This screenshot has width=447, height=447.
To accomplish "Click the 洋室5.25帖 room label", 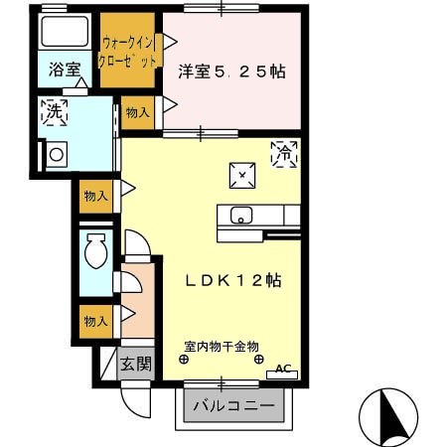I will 232,72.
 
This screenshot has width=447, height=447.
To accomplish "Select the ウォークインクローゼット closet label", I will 129,52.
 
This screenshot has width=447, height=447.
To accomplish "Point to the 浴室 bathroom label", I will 66,72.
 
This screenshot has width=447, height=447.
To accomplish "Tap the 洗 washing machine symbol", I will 56,113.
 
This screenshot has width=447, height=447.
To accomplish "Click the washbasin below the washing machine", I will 56,155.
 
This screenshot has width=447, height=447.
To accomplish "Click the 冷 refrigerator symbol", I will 285,155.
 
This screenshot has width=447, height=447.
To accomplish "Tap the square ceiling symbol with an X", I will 242,175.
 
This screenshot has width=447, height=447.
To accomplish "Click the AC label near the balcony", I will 283,370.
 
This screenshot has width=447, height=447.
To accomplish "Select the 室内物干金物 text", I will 221,347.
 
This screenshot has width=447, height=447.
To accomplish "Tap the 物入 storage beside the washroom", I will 137,113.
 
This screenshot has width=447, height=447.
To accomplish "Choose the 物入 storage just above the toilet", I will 96,196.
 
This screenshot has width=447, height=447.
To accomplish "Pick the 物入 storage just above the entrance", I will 96,322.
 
